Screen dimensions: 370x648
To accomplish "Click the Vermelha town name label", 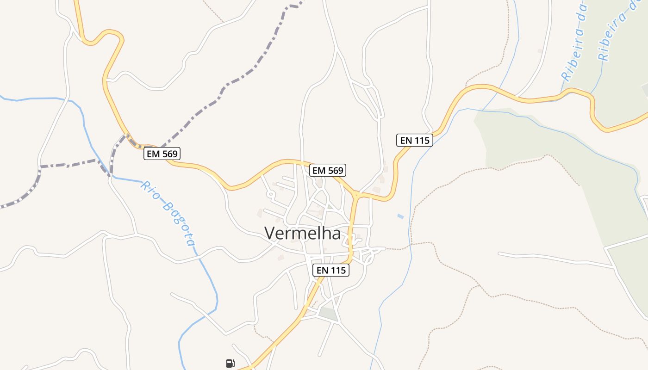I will point(303,233).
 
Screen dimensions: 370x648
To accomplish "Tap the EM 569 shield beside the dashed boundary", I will point(162,154).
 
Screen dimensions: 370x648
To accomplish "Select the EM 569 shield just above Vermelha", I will point(328,170).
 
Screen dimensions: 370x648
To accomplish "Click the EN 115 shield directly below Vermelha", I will point(331,270).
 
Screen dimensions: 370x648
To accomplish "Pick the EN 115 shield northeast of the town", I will point(415,140).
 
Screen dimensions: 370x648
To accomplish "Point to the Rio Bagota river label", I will point(169,213).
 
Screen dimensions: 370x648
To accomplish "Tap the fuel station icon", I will point(230,363).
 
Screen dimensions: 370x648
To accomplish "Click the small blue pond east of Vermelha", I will point(400,216).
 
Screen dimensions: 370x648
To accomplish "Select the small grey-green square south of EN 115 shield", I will point(328,313).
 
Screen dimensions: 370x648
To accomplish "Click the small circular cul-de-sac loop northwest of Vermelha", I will point(270,194).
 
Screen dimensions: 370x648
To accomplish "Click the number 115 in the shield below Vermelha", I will point(338,270).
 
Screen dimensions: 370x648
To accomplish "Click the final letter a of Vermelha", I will point(336,234).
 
